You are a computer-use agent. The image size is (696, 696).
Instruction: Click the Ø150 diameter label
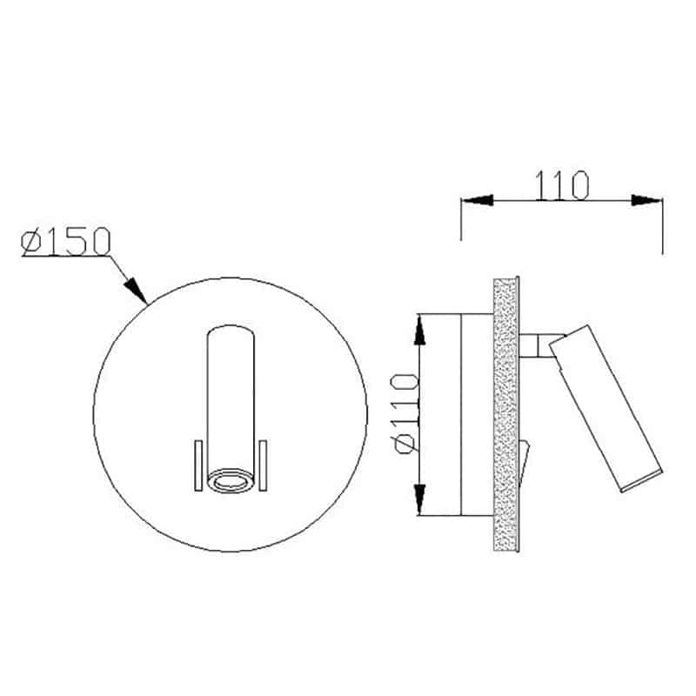point(65,241)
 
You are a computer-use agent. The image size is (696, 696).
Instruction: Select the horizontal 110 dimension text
point(561,185)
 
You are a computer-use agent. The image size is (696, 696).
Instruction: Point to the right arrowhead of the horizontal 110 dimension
point(647,200)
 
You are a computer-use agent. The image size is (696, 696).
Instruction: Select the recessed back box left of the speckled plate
point(476,413)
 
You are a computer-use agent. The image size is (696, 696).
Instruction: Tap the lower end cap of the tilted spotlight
point(642,483)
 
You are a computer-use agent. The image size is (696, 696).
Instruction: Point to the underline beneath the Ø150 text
point(66,257)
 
